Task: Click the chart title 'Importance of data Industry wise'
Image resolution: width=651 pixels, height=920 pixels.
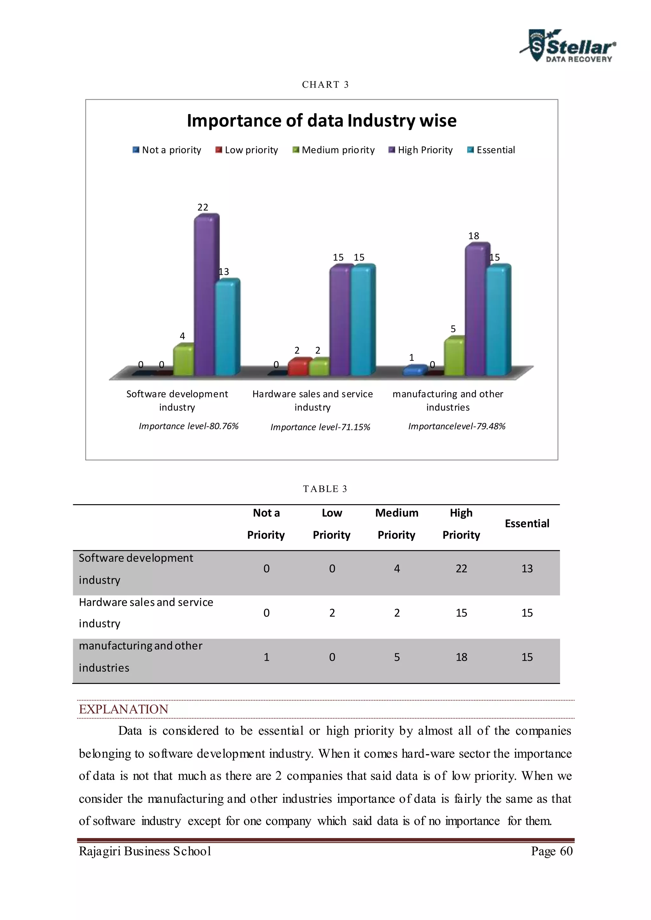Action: (x=321, y=121)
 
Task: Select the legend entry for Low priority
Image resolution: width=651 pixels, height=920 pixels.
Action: (x=247, y=150)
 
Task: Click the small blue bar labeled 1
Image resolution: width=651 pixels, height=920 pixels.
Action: (x=414, y=370)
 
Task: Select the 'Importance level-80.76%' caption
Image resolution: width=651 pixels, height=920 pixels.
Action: (x=188, y=426)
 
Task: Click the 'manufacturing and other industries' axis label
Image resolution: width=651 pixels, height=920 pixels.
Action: (x=448, y=400)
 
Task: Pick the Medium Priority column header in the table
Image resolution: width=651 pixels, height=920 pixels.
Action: (x=396, y=524)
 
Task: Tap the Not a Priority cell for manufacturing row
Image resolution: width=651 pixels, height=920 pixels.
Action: (x=266, y=657)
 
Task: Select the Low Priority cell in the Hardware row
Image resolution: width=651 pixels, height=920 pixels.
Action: (x=332, y=613)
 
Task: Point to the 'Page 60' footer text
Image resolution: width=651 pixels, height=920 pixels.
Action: (x=552, y=851)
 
